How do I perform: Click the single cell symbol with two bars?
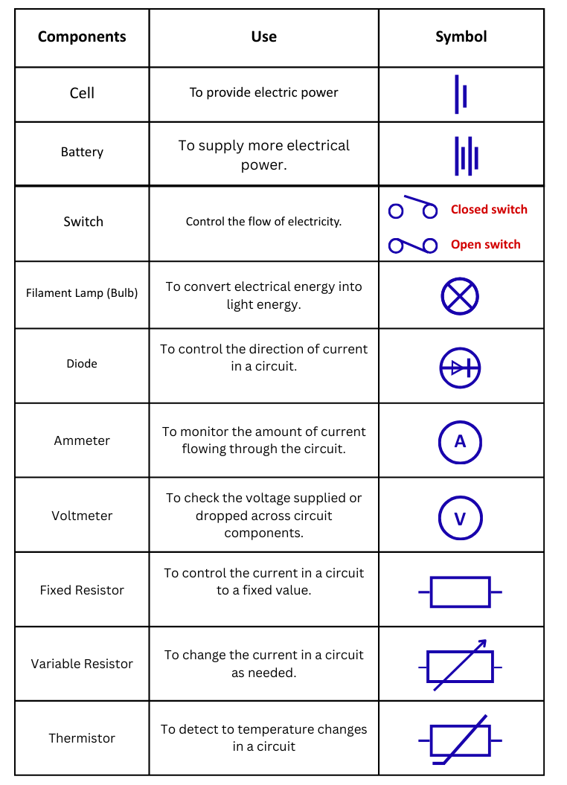(461, 94)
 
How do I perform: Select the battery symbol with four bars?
(466, 156)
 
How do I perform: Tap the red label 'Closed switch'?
(489, 210)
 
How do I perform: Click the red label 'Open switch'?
(485, 245)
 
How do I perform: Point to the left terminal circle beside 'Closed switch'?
(396, 211)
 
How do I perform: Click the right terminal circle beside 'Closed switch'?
(430, 211)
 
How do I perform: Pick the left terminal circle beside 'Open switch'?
(396, 246)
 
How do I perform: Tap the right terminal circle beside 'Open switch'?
(430, 246)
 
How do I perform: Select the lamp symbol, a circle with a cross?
(460, 296)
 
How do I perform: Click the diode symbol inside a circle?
(460, 368)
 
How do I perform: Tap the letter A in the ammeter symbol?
(460, 442)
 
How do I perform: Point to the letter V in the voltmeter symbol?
(460, 519)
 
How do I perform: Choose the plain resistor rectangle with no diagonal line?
(460, 592)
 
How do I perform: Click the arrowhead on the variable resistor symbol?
(482, 643)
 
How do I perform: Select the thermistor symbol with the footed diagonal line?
(460, 740)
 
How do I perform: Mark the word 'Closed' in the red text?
(467, 210)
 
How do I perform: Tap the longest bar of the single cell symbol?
(457, 94)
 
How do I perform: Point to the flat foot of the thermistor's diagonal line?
(438, 763)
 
